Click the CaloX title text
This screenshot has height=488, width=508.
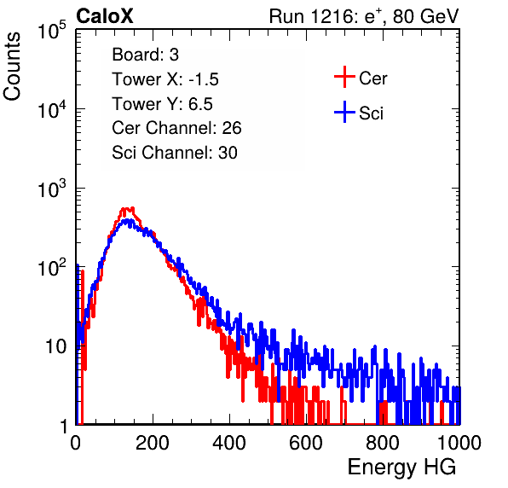tap(105, 16)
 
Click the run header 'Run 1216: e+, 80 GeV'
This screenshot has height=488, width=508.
tap(364, 16)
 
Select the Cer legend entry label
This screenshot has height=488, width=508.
tap(372, 78)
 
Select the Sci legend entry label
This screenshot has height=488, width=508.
tap(372, 113)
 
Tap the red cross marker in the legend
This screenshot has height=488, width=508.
tap(344, 77)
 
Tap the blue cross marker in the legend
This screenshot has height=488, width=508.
tap(344, 113)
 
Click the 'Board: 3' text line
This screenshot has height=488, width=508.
tap(146, 55)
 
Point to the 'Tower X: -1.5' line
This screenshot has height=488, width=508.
tap(165, 79)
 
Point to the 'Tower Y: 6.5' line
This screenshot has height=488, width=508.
tap(162, 104)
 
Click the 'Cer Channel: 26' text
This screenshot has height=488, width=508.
tap(176, 128)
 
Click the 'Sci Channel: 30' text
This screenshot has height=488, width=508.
tap(175, 153)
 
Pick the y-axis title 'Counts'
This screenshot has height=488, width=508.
tap(12, 67)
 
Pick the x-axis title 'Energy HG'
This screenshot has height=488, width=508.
tap(401, 468)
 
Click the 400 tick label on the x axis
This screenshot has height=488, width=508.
tap(229, 443)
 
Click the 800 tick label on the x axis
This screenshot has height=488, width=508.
tap(383, 443)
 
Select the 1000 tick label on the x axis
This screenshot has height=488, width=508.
tap(459, 443)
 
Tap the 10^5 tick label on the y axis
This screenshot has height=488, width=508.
tap(52, 31)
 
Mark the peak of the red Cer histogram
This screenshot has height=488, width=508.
tap(127, 209)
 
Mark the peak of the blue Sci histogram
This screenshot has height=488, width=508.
tap(129, 221)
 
